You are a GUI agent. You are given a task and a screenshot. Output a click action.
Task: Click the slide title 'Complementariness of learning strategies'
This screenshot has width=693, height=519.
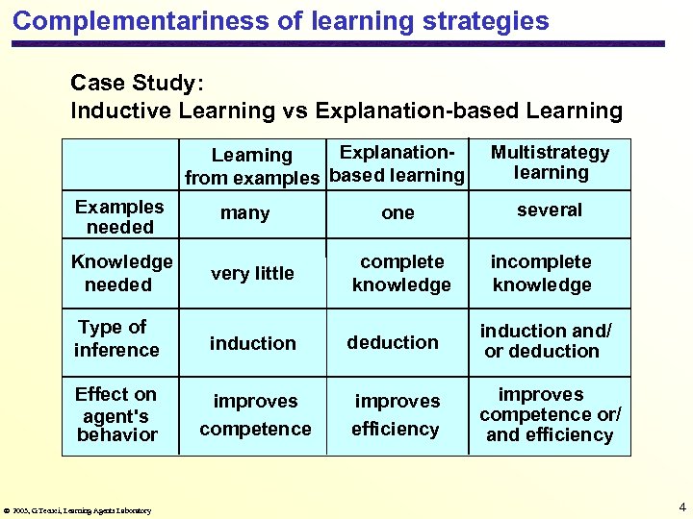coord(281,21)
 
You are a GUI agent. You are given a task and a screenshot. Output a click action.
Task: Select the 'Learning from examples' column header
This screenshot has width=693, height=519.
coord(252,166)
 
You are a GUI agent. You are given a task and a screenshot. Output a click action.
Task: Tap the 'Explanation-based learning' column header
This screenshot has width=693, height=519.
coord(397,163)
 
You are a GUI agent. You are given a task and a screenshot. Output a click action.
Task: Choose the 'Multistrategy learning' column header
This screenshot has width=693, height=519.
coord(551,162)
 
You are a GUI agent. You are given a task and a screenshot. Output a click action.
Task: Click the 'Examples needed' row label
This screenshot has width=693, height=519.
coord(119,217)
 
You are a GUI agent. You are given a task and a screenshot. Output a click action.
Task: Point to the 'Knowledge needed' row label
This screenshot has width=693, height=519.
coord(120,273)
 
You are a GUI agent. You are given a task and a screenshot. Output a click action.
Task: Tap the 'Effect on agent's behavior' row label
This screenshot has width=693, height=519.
coord(116,414)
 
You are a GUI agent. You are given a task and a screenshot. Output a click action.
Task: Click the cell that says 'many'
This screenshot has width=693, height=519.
coord(245,213)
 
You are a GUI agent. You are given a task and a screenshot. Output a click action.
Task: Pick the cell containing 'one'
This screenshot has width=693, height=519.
coord(398,213)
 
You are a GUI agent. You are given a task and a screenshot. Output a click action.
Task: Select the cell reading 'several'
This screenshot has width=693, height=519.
coord(550,210)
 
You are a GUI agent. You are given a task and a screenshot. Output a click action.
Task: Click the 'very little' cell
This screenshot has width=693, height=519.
coord(252,274)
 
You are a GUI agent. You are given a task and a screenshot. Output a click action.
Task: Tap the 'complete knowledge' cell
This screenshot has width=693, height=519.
coord(401,273)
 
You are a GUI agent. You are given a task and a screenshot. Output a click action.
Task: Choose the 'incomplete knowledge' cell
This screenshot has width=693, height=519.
coord(542,273)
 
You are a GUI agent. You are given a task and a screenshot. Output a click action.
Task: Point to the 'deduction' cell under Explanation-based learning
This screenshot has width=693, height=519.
coord(393,342)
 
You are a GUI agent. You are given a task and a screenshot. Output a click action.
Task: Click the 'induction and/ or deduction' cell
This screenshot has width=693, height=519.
coord(544,341)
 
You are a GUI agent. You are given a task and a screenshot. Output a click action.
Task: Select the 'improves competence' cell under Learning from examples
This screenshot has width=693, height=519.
coord(255,414)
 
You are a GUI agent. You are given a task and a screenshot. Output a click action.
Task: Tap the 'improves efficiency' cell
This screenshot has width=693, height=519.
coord(397,414)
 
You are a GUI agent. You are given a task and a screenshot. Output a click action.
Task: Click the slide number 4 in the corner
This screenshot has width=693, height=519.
coord(681,507)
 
